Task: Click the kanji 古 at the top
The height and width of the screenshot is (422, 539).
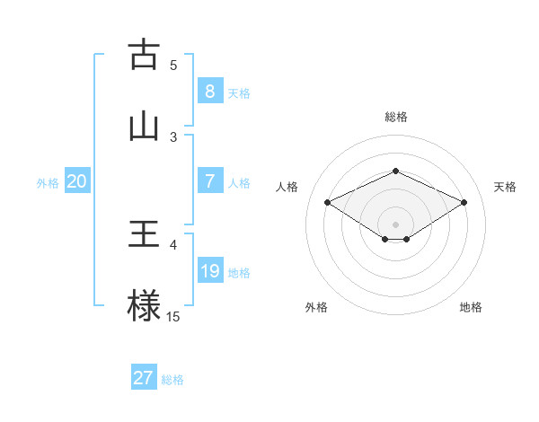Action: [x=144, y=55]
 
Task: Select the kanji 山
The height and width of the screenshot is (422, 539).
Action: [x=144, y=125]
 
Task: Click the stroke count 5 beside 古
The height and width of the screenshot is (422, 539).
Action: [x=173, y=65]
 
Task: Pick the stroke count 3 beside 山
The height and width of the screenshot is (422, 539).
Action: [x=173, y=136]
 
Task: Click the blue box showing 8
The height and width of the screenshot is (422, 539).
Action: [x=209, y=92]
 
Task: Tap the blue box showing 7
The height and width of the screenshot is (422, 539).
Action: [x=209, y=181]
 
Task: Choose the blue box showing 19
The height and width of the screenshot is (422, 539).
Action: [x=209, y=271]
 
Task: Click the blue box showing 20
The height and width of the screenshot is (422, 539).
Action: [x=77, y=181]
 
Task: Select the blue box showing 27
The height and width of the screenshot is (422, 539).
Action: [x=144, y=378]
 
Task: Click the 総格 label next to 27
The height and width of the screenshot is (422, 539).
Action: [x=172, y=380]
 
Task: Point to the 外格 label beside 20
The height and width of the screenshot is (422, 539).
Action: [x=48, y=183]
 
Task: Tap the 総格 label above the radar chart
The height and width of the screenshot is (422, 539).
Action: [x=396, y=117]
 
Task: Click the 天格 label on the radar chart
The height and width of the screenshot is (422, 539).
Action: [x=506, y=187]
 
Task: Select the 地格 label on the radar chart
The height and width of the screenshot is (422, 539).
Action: [x=471, y=307]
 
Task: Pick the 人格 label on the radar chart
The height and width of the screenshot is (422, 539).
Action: [x=287, y=187]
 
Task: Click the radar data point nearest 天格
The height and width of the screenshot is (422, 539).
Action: [x=464, y=202]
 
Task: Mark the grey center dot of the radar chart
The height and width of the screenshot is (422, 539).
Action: [x=396, y=224]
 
